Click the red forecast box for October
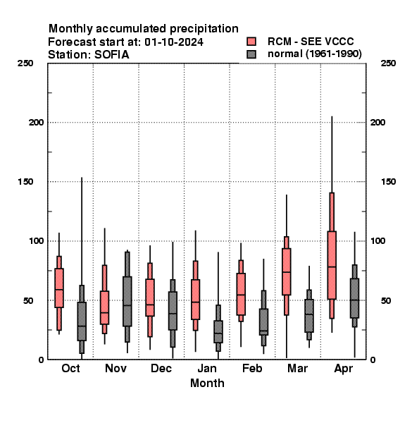pyautogui.click(x=59, y=288)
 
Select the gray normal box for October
pyautogui.click(x=82, y=321)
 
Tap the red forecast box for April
pyautogui.click(x=332, y=265)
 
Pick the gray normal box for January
pyautogui.click(x=218, y=331)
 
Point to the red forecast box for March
pyautogui.click(x=287, y=271)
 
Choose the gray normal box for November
pyautogui.click(x=127, y=301)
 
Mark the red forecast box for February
pyautogui.click(x=241, y=294)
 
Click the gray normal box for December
pyautogui.click(x=173, y=310)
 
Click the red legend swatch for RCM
pyautogui.click(x=251, y=42)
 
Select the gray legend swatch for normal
pyautogui.click(x=251, y=54)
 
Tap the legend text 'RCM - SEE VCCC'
pyautogui.click(x=311, y=42)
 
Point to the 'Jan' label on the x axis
pyautogui.click(x=206, y=368)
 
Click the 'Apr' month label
pyautogui.click(x=343, y=369)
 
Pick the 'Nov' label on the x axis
pyautogui.click(x=116, y=368)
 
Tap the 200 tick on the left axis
pyautogui.click(x=36, y=122)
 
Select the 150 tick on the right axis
pyautogui.click(x=388, y=182)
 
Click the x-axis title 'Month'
pyautogui.click(x=207, y=383)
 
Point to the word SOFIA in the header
pyautogui.click(x=111, y=55)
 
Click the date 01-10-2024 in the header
pyautogui.click(x=174, y=42)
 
